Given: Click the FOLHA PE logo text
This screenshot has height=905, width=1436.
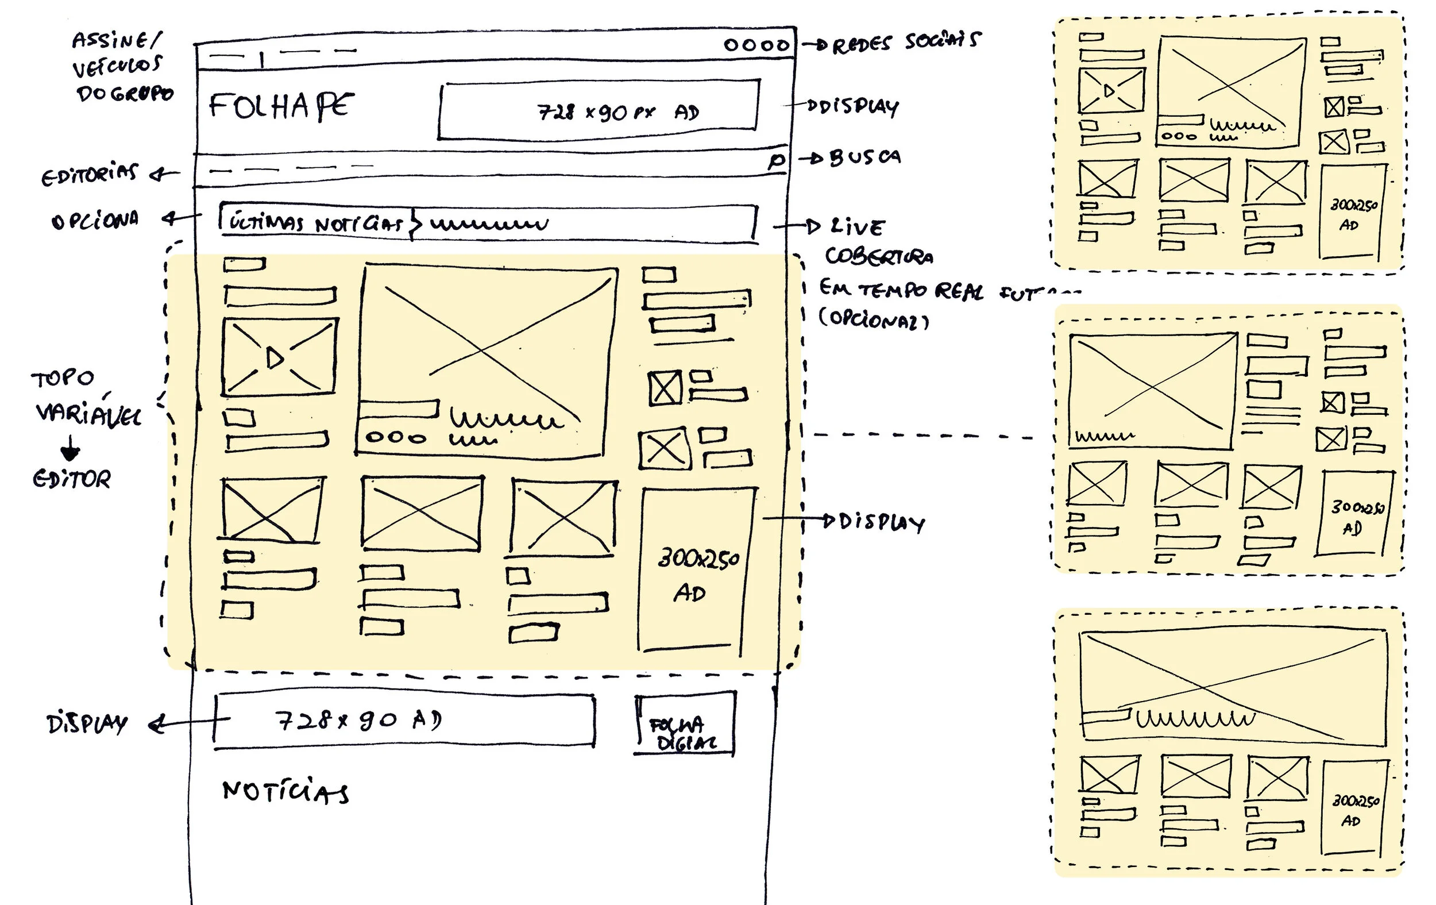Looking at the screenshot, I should (280, 106).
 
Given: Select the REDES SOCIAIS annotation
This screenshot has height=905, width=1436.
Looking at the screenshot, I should (905, 42).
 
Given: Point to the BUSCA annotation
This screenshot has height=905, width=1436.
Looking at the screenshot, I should (864, 157).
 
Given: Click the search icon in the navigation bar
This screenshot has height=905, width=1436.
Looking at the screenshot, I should (777, 160).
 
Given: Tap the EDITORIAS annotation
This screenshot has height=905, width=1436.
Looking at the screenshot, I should (90, 174).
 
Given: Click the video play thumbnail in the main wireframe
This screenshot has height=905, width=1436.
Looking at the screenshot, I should (279, 357).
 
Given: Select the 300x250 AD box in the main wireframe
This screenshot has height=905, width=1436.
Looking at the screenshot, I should (696, 570).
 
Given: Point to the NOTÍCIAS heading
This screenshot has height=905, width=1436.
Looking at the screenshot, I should (285, 792).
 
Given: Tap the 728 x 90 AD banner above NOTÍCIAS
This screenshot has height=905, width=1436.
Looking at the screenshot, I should (404, 721).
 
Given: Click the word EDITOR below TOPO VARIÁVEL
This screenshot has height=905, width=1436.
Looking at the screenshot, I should (72, 479).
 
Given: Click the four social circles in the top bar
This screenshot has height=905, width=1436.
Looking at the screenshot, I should (756, 45).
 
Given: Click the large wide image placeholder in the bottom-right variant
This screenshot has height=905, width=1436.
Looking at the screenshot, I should (1233, 686).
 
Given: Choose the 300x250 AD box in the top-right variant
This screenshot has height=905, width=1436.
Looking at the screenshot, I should (1353, 213).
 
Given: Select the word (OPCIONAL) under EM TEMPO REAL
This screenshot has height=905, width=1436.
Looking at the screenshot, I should (874, 319).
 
